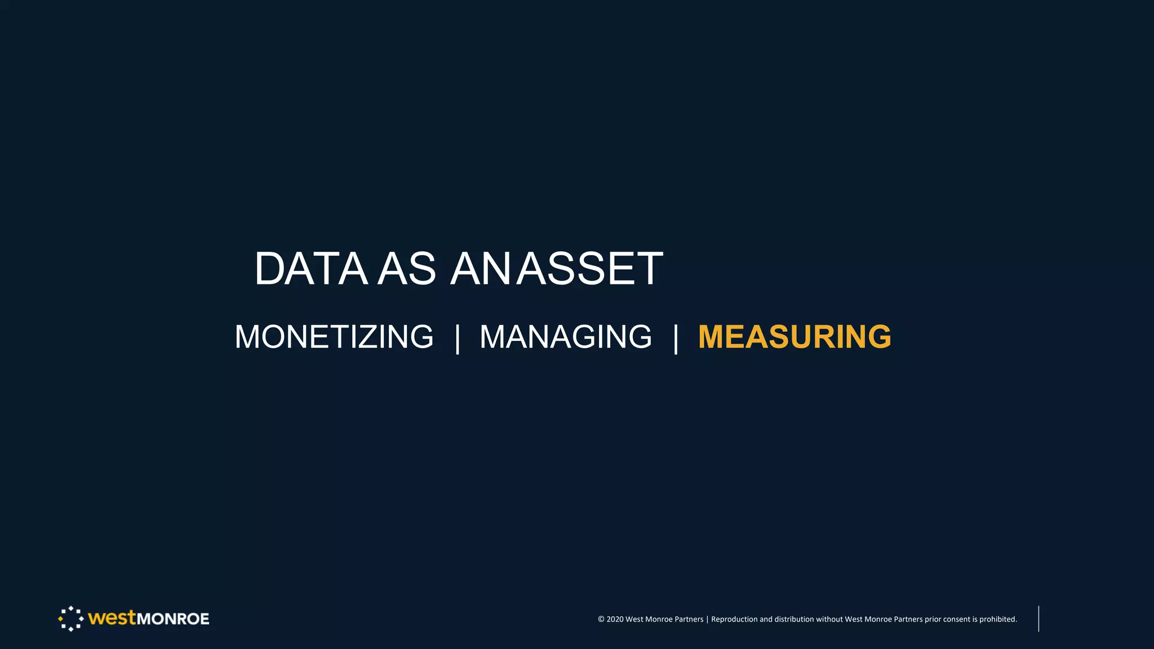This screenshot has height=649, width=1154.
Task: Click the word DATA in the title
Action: (x=311, y=269)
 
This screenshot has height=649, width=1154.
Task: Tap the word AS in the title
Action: (x=406, y=269)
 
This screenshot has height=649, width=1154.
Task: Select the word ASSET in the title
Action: (x=590, y=269)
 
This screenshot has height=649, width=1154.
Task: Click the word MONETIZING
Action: (x=334, y=337)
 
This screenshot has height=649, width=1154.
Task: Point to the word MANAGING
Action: (x=565, y=337)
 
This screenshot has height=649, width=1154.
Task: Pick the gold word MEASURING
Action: (x=795, y=337)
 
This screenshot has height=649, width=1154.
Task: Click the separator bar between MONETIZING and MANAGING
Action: (x=458, y=338)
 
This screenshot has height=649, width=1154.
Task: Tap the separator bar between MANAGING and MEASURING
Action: (x=676, y=338)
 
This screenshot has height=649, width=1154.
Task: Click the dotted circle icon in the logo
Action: (x=71, y=619)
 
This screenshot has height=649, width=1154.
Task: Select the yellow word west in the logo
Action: (x=112, y=618)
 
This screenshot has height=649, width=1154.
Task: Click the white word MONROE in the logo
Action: (x=173, y=619)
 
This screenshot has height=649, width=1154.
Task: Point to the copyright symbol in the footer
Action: (x=601, y=619)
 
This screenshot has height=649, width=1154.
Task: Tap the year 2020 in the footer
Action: (x=615, y=619)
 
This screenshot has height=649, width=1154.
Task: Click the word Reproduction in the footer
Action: (x=734, y=619)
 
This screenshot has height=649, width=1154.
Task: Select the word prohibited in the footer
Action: (x=998, y=619)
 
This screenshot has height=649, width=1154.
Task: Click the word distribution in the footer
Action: (x=794, y=619)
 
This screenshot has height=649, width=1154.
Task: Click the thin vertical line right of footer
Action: (x=1038, y=619)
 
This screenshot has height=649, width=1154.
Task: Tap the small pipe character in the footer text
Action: (x=707, y=619)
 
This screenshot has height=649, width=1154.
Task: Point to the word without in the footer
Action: (x=829, y=619)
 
